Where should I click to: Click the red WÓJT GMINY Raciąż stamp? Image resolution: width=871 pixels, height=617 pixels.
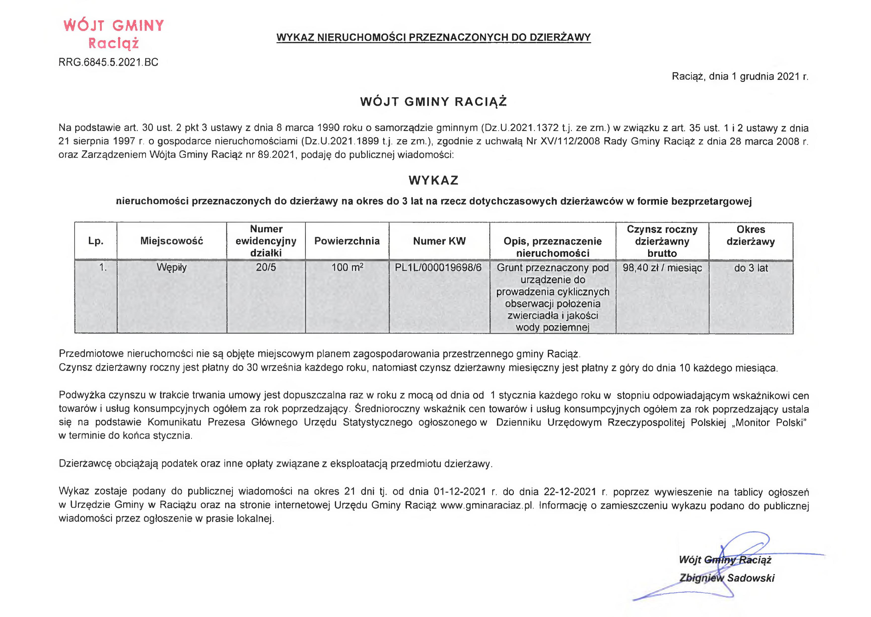(x=114, y=34)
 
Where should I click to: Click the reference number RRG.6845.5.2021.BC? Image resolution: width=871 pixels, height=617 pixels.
(x=108, y=62)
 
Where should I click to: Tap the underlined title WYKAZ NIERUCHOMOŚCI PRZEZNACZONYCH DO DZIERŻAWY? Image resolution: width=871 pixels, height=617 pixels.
(x=433, y=37)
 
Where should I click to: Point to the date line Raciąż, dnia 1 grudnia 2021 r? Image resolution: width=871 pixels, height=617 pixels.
(x=740, y=76)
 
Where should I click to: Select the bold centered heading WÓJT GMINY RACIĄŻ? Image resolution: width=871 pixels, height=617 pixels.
(x=433, y=102)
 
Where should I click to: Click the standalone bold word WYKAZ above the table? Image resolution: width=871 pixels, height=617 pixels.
(x=433, y=180)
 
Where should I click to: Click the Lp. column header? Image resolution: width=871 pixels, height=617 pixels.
(x=96, y=241)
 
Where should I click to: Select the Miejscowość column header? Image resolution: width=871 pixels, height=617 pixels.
(x=172, y=241)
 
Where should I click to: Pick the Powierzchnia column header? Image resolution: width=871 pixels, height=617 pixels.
(x=347, y=241)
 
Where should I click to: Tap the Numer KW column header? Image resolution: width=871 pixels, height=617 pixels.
(x=439, y=241)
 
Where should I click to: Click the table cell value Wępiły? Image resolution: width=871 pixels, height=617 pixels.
(x=172, y=267)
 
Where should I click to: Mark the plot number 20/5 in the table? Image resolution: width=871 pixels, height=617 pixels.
(x=266, y=267)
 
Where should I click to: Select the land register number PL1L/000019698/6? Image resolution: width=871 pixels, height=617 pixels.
(x=438, y=267)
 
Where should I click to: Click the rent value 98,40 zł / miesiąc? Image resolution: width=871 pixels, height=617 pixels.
(x=662, y=268)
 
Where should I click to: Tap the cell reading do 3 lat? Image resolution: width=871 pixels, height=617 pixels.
(x=751, y=268)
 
